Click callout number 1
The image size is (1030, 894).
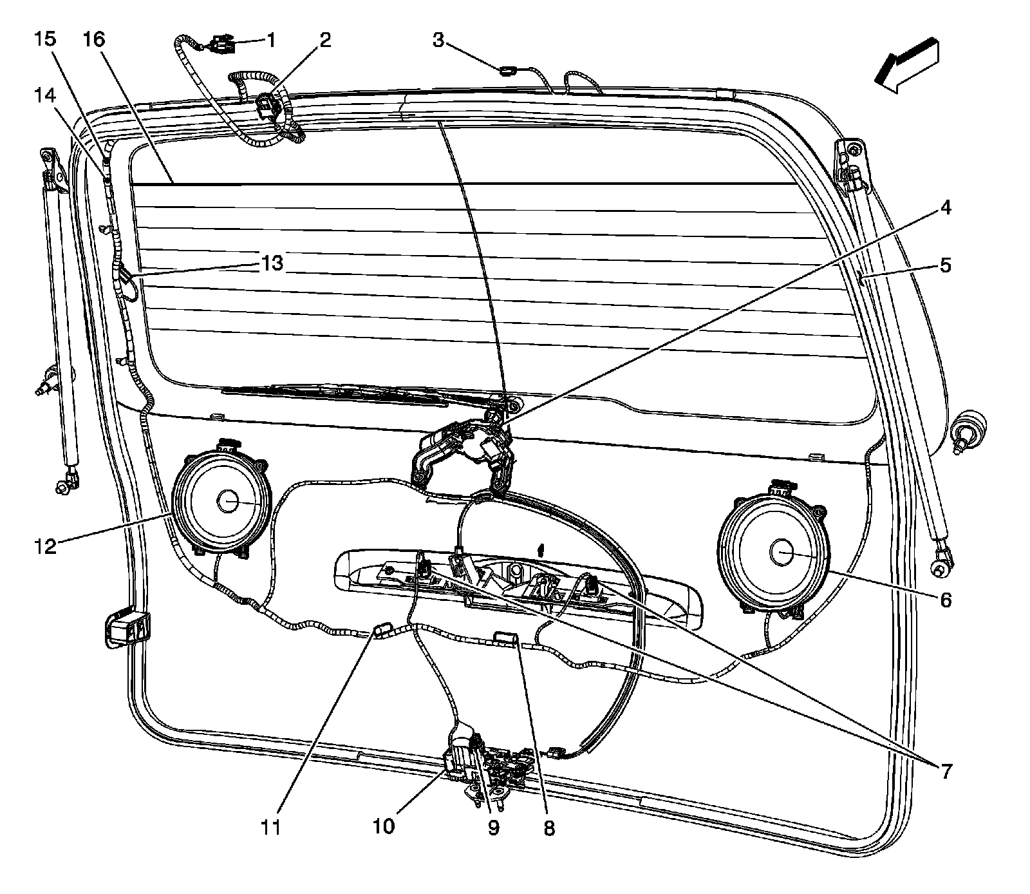271,41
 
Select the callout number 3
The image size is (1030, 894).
438,41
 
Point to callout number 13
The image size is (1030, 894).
272,263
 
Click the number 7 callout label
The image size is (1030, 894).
945,770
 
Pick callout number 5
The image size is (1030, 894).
945,265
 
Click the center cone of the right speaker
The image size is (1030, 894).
782,553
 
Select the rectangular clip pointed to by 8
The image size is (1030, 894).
505,638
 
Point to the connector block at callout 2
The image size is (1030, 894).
266,105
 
